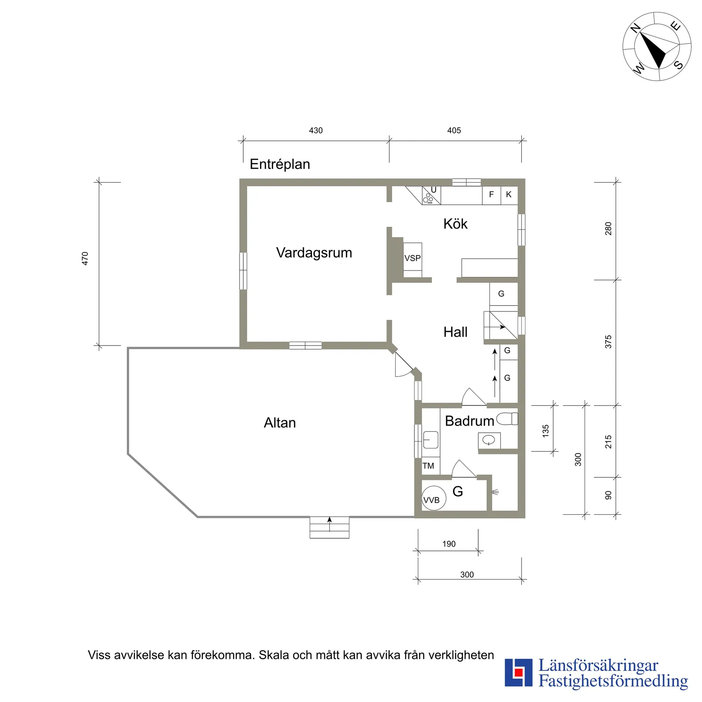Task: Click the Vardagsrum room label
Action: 314,253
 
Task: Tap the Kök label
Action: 455,224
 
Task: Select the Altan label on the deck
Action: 280,422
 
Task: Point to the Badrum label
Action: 469,421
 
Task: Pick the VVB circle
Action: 434,498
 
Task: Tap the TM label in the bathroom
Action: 428,466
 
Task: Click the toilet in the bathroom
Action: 507,419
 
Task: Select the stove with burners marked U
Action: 431,196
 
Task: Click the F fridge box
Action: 491,195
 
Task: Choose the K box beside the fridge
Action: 509,195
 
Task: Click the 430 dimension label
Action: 316,131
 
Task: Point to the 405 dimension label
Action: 454,131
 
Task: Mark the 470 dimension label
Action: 85,259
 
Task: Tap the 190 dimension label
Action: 449,544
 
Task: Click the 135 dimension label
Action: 546,431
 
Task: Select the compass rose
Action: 657,47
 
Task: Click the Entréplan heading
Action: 280,164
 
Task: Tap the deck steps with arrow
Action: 329,528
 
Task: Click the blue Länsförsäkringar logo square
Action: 518,673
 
